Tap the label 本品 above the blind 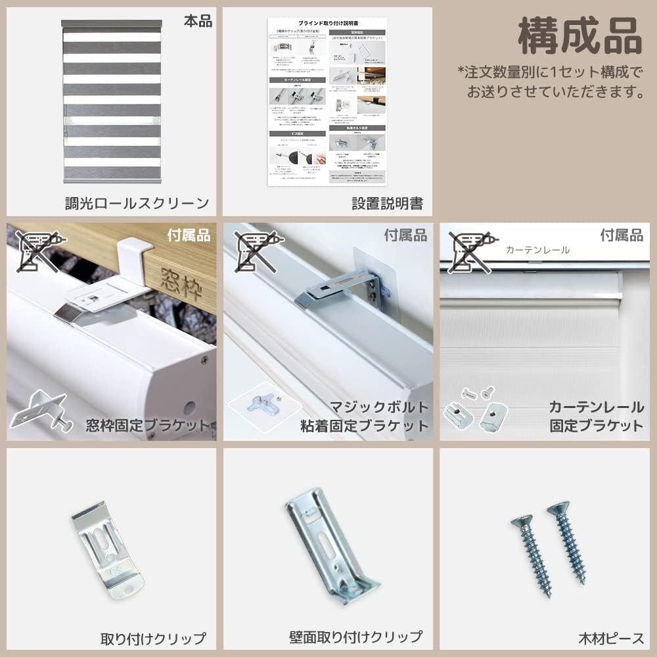(x=198, y=21)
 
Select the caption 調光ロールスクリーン (x=137, y=203)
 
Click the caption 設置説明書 (x=387, y=203)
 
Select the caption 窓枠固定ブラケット (x=147, y=425)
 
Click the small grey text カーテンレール (x=537, y=250)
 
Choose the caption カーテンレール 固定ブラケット (x=596, y=416)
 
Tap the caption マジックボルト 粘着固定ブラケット (x=365, y=416)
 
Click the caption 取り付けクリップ (x=152, y=638)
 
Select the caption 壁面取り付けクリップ (x=355, y=637)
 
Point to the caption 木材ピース (x=611, y=638)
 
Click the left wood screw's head (x=522, y=522)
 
